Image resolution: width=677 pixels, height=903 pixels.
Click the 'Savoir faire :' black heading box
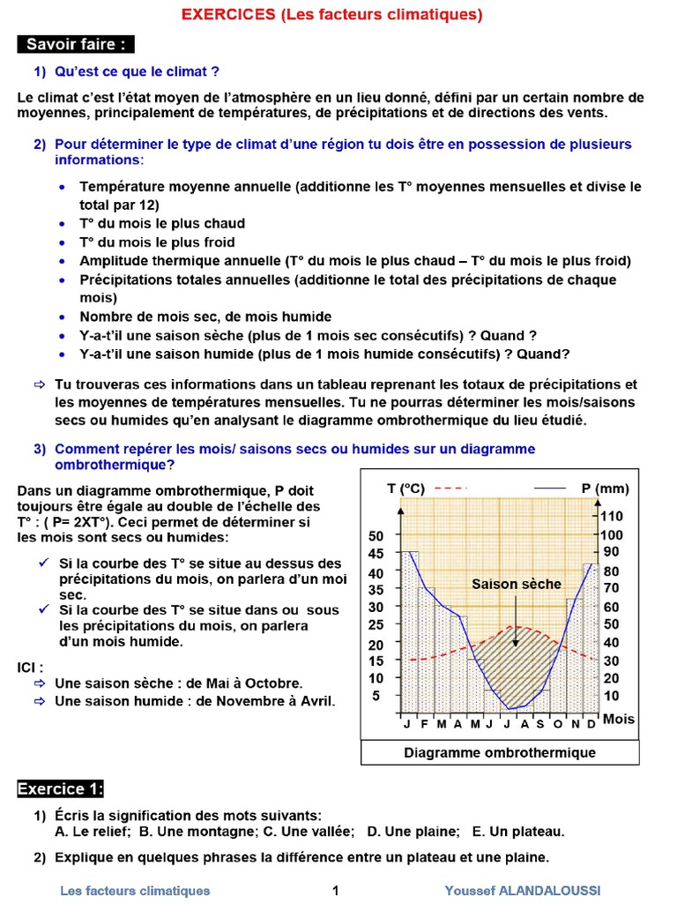[x=75, y=44]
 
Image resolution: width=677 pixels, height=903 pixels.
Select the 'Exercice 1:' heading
[x=61, y=787]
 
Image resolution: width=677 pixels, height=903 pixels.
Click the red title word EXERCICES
[x=229, y=15]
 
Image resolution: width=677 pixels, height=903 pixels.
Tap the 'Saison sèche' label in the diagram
[x=516, y=584]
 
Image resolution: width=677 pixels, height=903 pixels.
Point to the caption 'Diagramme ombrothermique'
[x=500, y=752]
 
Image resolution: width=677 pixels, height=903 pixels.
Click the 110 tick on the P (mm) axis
[x=612, y=516]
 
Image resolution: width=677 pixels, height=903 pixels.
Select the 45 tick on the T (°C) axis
[x=376, y=554]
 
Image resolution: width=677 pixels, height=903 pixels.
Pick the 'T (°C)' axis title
[x=405, y=489]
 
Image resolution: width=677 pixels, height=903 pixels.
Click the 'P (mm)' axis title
[x=605, y=489]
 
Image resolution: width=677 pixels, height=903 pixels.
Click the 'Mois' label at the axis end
[x=619, y=719]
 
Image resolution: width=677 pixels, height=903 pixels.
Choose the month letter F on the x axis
[x=424, y=723]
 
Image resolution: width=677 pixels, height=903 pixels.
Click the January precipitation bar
[x=409, y=631]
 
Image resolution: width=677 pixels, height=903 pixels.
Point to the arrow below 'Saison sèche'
[x=516, y=622]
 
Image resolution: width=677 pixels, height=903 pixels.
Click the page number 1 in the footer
[x=336, y=890]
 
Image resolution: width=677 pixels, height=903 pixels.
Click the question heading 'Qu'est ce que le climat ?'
[x=137, y=71]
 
